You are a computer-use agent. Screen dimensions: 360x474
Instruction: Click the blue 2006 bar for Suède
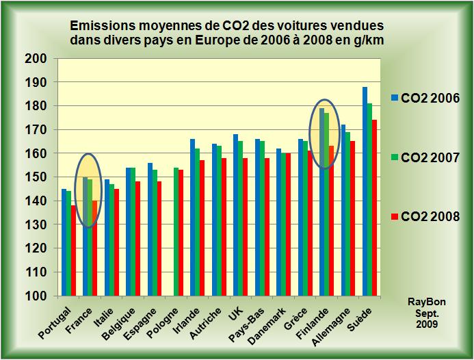365,192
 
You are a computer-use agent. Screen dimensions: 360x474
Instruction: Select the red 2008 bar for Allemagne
353,218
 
